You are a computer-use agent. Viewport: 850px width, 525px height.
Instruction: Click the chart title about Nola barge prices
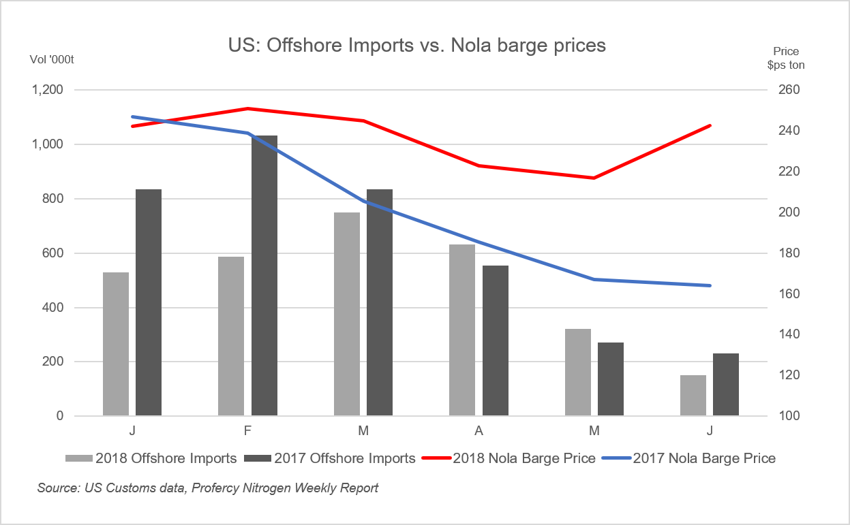coord(416,46)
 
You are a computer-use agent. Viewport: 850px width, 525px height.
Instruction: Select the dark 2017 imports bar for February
coord(264,276)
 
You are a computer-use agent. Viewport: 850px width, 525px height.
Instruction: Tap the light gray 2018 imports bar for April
coord(462,330)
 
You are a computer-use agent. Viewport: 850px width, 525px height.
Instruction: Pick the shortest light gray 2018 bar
coord(693,396)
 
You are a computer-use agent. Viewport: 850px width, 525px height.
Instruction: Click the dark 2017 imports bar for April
coord(496,340)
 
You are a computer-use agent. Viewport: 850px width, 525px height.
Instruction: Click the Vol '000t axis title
coord(52,59)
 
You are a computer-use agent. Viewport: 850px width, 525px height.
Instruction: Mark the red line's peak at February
coord(248,108)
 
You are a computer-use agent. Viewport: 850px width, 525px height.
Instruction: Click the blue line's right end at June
coord(710,285)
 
